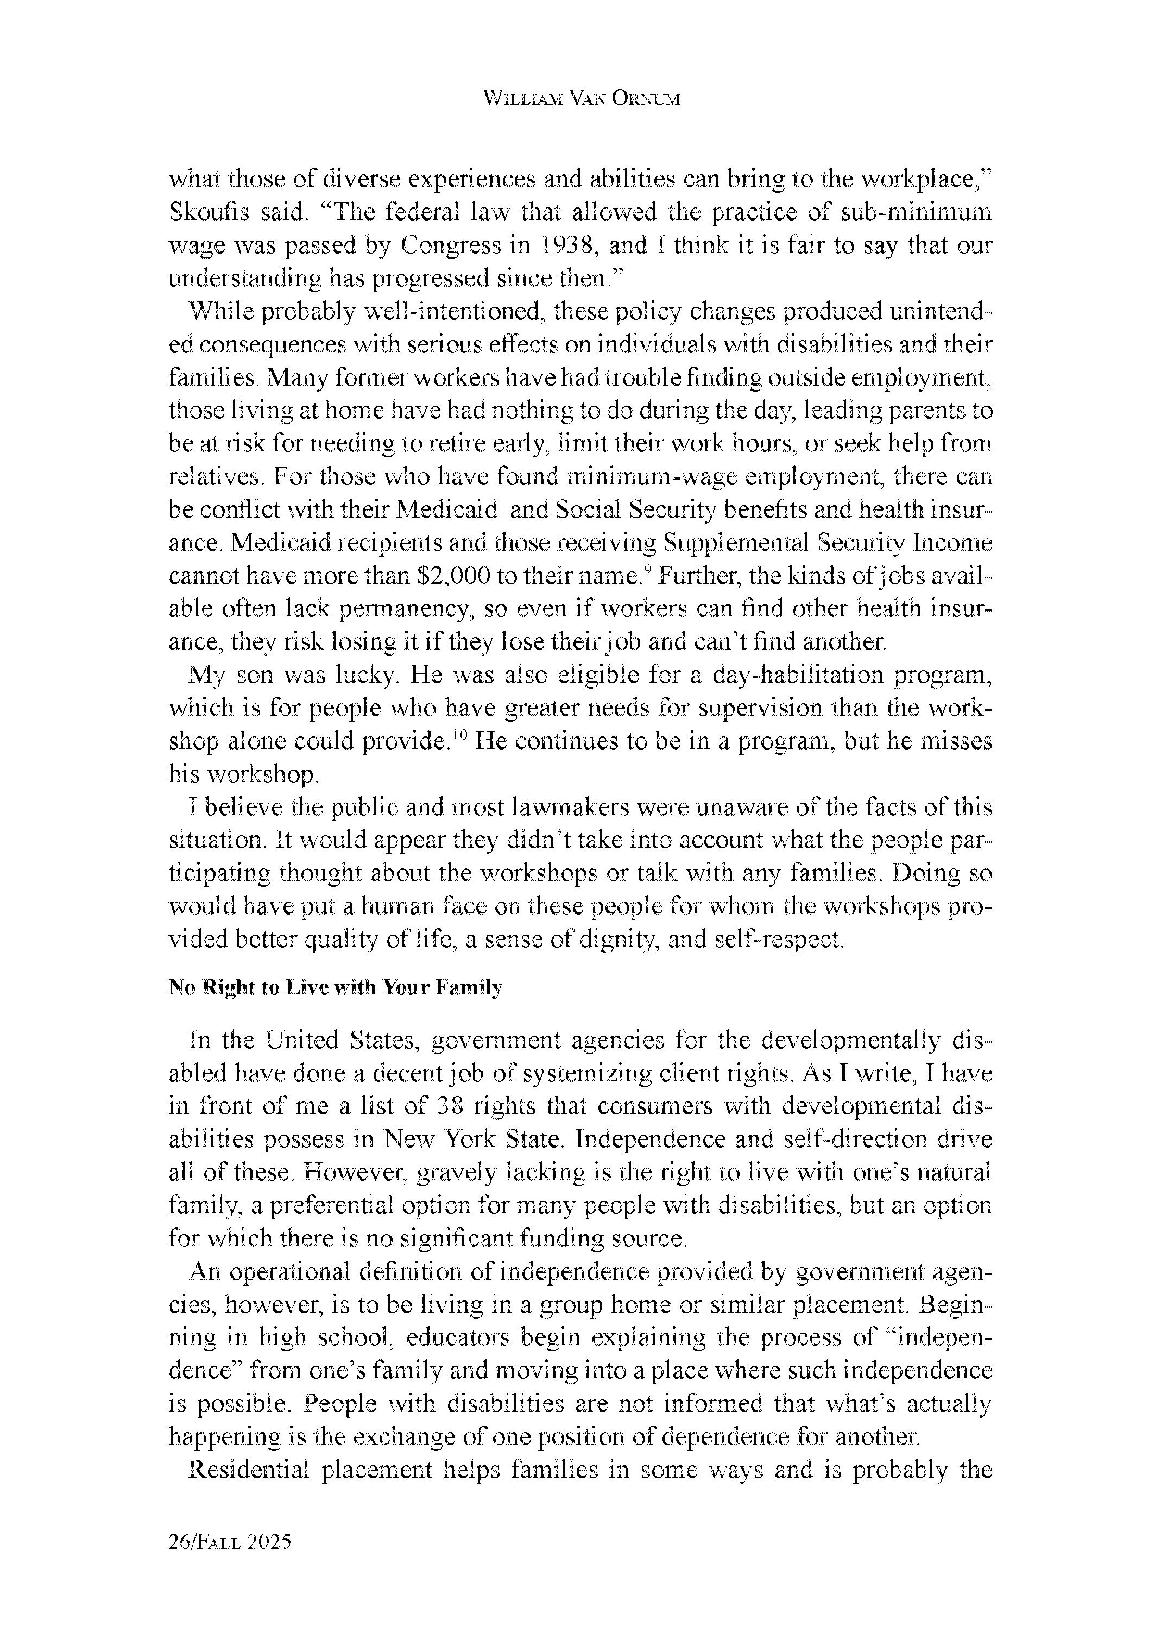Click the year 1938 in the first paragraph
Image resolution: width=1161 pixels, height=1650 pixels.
point(566,246)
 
